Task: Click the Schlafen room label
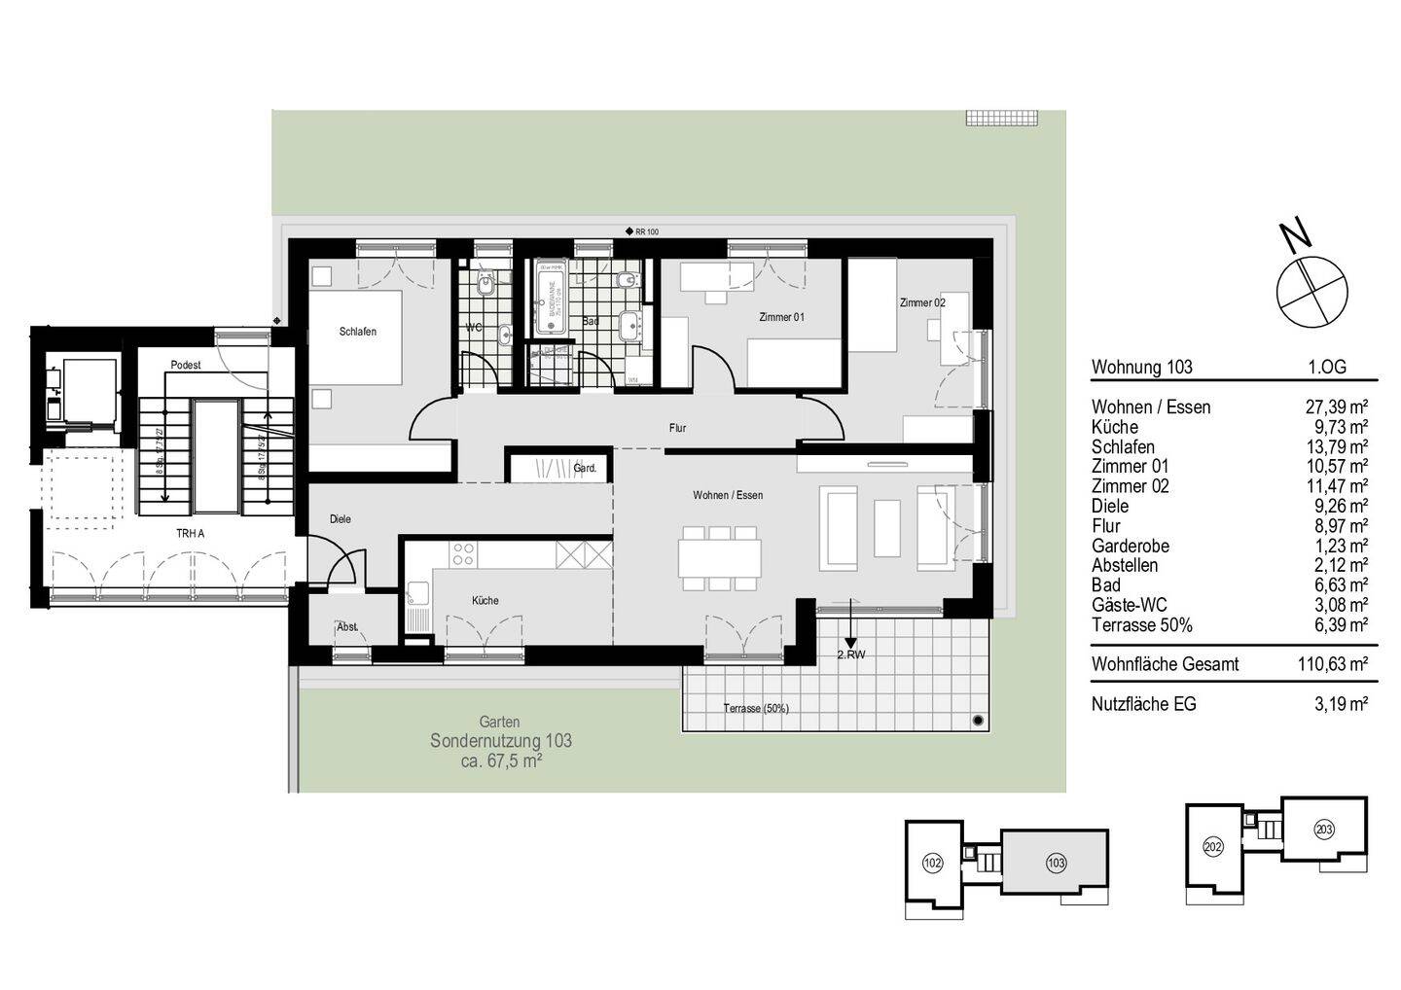click(x=357, y=332)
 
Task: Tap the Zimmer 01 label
click(x=781, y=317)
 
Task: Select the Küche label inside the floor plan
click(x=485, y=600)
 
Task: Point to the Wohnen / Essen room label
click(x=728, y=495)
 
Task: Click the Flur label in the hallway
click(x=677, y=427)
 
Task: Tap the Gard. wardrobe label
click(x=585, y=468)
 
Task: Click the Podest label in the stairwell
click(x=185, y=365)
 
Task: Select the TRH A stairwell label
click(x=191, y=533)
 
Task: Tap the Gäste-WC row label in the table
click(x=1130, y=605)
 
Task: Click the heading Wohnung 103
click(x=1141, y=368)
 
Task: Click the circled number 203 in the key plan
click(x=1323, y=830)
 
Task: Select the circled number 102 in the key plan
click(x=932, y=862)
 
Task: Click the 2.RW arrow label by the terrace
click(x=851, y=654)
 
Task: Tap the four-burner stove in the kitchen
click(x=463, y=554)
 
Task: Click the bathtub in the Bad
click(x=550, y=297)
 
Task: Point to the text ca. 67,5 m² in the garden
click(x=501, y=760)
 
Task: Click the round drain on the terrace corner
click(x=977, y=720)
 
